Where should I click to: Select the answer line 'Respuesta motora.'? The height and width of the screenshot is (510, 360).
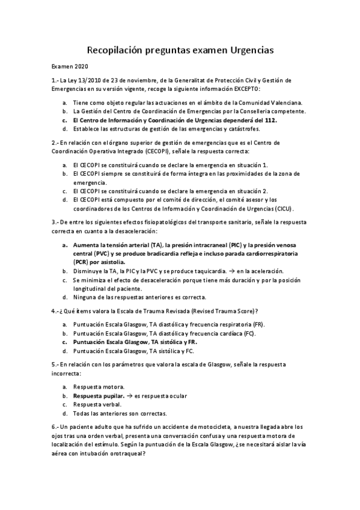(x=98, y=387)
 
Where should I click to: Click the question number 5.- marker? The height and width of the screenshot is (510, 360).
(x=55, y=364)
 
